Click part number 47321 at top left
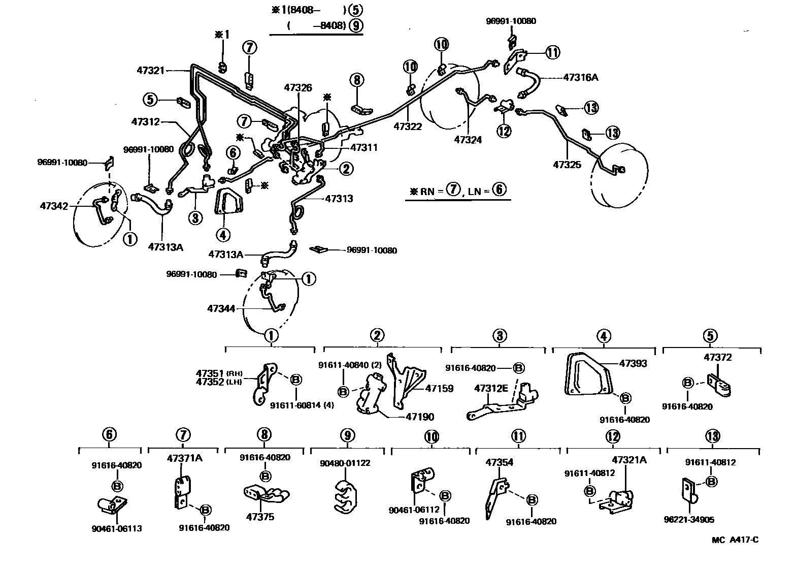pos(150,71)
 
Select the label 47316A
pos(581,78)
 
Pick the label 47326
pos(297,87)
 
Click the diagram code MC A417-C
pos(735,540)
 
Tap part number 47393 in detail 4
pos(633,363)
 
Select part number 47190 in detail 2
pos(420,417)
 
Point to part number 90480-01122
pos(345,463)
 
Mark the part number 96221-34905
pos(688,519)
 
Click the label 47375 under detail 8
pos(260,517)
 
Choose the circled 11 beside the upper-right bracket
pos(552,52)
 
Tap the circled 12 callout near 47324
pos(504,131)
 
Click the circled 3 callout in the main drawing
pos(195,218)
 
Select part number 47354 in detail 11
pos(499,462)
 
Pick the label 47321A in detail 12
pos(629,460)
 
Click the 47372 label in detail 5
pos(717,357)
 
